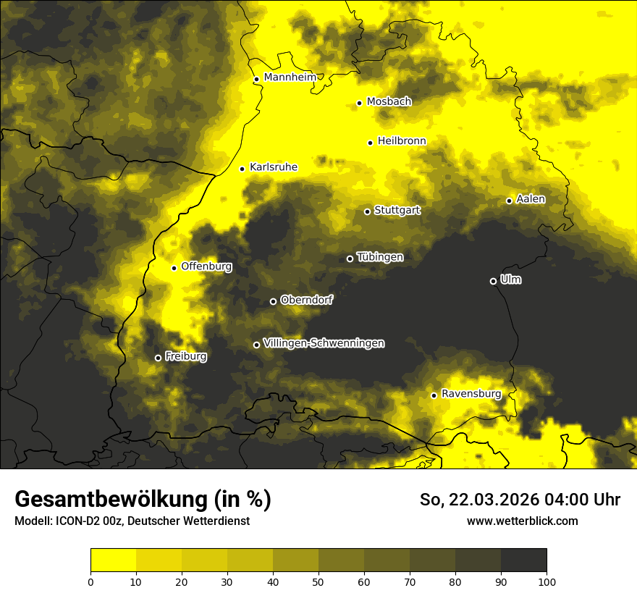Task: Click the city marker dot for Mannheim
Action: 256,80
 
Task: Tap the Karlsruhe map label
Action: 273,167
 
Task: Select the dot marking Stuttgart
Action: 367,211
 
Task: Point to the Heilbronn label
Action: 402,141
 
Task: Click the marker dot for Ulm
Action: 493,281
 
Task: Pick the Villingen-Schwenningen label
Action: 324,343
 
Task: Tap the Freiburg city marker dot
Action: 158,358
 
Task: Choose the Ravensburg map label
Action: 471,394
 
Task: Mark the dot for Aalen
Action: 509,201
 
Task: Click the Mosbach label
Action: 389,102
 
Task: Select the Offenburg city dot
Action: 174,268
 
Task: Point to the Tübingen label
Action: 380,257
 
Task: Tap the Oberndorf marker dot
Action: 273,301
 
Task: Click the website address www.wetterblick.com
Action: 522,521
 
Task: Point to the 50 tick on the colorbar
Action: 318,581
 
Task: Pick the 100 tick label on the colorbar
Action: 547,581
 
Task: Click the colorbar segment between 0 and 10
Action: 113,560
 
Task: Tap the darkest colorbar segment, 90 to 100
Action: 523,560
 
